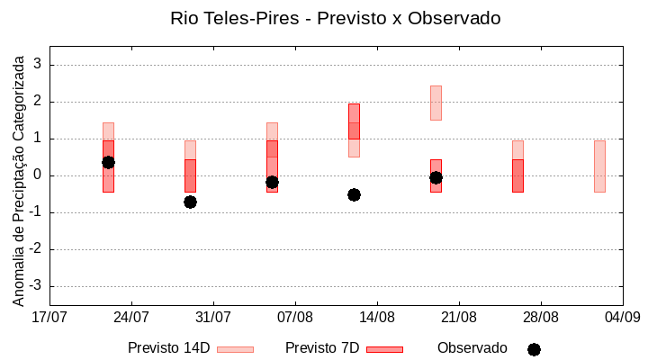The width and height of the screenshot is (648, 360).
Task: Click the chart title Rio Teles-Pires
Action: pos(335,18)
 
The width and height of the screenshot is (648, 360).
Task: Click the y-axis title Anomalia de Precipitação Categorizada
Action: pos(18,176)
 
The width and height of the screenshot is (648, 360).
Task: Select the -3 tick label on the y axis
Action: pos(36,286)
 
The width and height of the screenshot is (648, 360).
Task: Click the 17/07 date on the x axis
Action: pos(49,317)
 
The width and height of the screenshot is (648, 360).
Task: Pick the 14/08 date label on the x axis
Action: pos(377,317)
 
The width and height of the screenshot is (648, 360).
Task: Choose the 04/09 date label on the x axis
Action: pos(622,317)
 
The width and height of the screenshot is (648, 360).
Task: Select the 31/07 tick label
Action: pos(213,317)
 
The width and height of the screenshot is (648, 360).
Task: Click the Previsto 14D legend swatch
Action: pos(235,349)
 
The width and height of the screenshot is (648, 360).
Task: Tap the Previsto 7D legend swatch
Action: pos(384,349)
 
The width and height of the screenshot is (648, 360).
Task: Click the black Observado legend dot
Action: pos(534,349)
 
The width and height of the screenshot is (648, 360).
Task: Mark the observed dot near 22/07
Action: pos(108,162)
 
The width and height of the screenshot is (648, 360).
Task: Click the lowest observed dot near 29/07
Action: pos(190,202)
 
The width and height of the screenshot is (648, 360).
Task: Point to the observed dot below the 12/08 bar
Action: pos(354,194)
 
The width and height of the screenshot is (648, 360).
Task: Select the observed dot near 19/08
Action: pos(436,177)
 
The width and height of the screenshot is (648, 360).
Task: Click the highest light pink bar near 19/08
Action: pos(436,103)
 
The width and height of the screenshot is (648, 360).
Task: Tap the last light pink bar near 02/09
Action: pos(599,166)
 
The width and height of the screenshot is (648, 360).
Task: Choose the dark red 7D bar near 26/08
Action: pos(517,175)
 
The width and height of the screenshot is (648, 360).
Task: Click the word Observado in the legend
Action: pos(472,347)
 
